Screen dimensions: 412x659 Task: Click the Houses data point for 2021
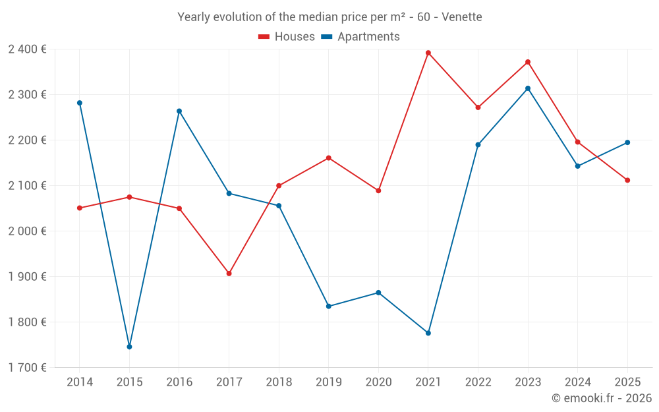(x=428, y=53)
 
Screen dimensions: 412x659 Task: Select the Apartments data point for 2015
(x=129, y=347)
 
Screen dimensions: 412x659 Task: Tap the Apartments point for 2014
(x=80, y=103)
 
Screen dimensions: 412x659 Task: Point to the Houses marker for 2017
(x=229, y=274)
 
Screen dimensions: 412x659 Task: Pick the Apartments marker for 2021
(x=428, y=334)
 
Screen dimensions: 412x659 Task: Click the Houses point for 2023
(x=528, y=62)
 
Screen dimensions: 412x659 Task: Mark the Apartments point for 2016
(x=179, y=111)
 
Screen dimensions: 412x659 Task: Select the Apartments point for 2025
(x=627, y=142)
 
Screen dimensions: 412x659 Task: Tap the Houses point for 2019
(x=329, y=158)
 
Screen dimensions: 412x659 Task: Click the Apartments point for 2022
(x=478, y=145)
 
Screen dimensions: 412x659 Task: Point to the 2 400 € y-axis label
(x=27, y=49)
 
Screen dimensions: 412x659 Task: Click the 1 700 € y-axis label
(x=27, y=368)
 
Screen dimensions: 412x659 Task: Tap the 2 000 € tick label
(x=27, y=231)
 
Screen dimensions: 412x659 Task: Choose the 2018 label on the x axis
(x=279, y=382)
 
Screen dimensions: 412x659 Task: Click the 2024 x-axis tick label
(x=577, y=382)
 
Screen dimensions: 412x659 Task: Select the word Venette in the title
(x=461, y=17)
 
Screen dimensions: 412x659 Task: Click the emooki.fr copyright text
(x=601, y=398)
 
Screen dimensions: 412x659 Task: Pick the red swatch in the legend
(x=264, y=37)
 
